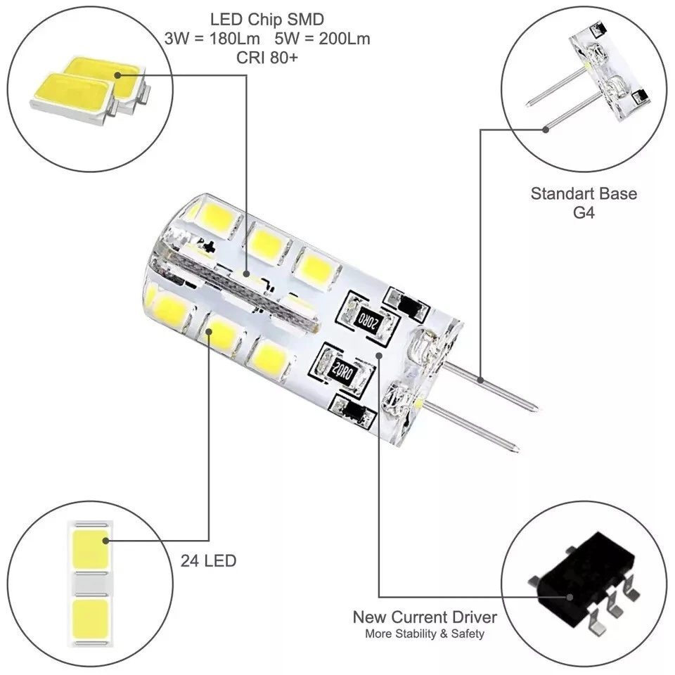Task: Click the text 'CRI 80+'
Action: [267, 58]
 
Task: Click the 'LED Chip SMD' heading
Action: [267, 18]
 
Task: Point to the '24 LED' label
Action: [208, 561]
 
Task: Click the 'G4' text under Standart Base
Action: [584, 212]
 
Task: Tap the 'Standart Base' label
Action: [584, 193]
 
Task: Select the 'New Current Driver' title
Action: [425, 618]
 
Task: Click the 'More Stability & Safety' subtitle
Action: [425, 634]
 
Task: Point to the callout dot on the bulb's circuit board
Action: [379, 354]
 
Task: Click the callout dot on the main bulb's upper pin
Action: [481, 380]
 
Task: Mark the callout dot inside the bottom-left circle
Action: [105, 541]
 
